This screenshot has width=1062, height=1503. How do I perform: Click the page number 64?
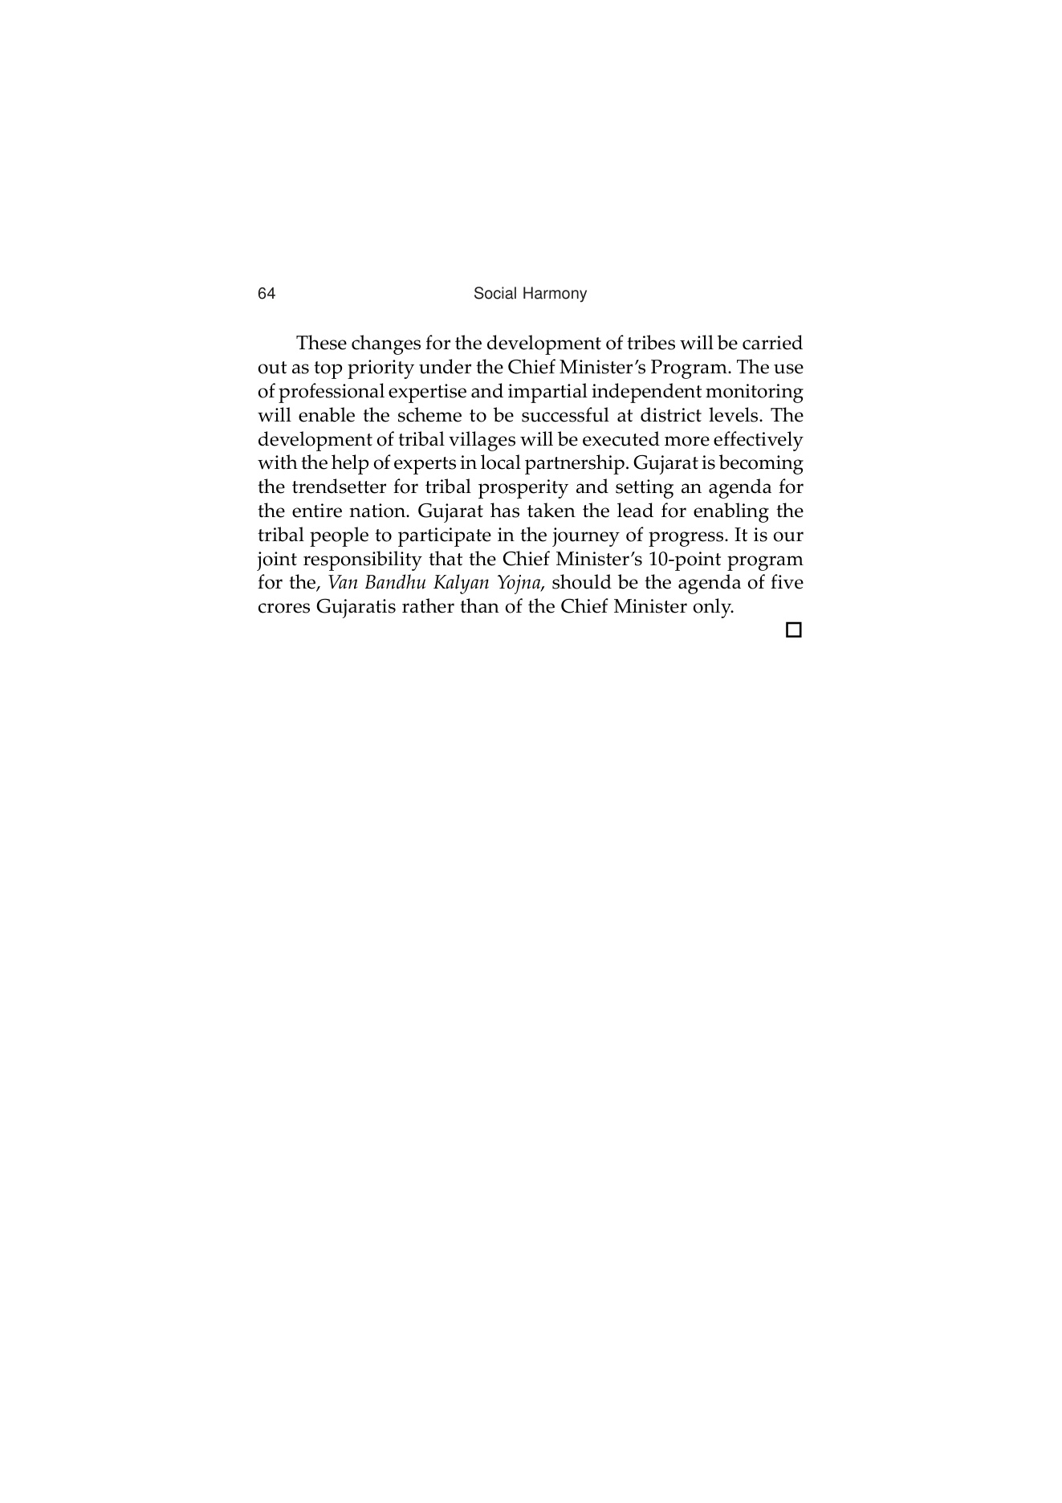coord(267,294)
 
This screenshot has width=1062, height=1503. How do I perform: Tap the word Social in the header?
coord(494,294)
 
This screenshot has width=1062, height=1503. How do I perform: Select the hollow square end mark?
coord(793,630)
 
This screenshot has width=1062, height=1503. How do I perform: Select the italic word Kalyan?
coord(461,583)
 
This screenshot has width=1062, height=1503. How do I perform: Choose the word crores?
coord(283,607)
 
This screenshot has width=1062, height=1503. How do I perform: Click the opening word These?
coord(321,344)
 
